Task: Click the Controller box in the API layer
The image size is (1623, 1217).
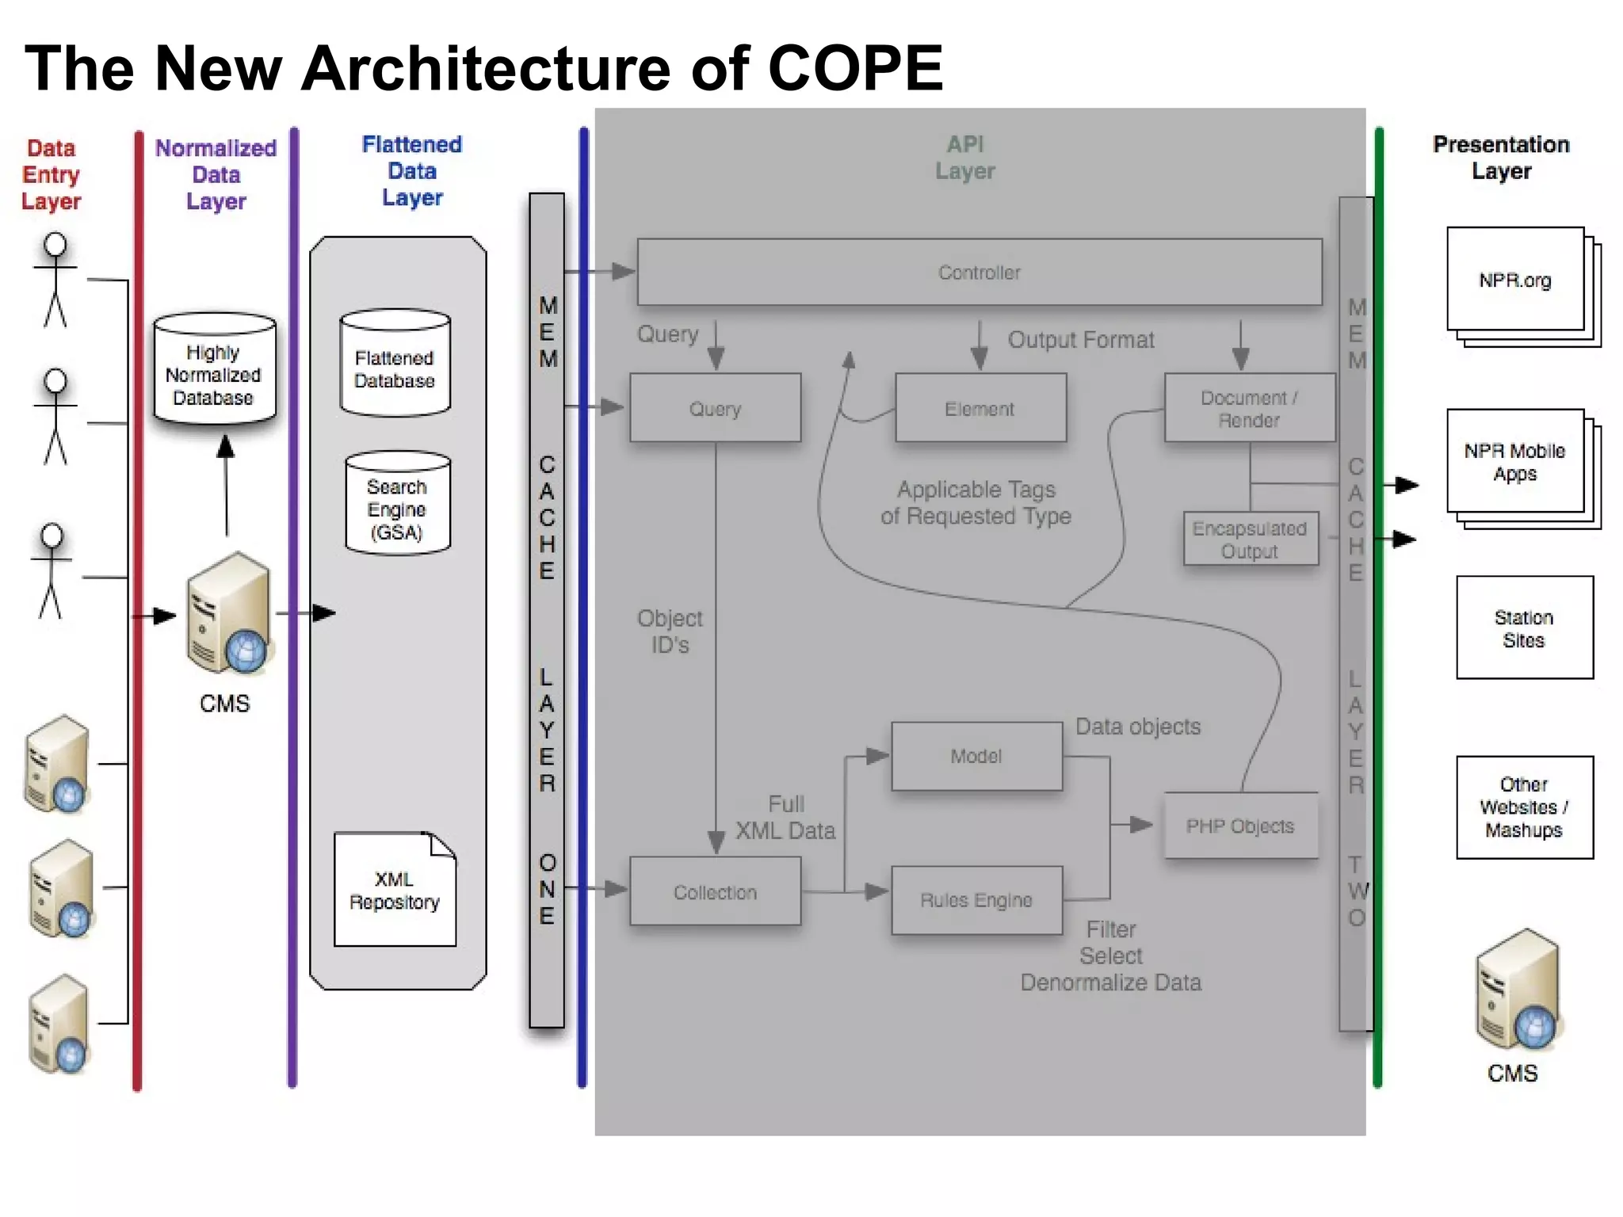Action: click(979, 272)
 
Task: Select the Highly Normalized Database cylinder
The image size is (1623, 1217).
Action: click(214, 368)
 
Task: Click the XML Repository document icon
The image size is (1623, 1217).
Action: click(395, 890)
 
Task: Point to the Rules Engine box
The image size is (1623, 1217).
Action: click(976, 900)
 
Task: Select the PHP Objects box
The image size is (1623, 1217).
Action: click(1240, 826)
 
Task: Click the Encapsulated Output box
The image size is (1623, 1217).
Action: click(1250, 539)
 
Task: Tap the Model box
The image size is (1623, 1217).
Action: click(976, 756)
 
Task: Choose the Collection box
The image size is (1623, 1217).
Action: click(715, 892)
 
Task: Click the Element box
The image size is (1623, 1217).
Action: click(980, 408)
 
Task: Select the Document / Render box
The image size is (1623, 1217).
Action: click(1249, 408)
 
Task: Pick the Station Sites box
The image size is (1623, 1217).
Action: click(1524, 628)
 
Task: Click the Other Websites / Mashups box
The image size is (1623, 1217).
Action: click(1524, 807)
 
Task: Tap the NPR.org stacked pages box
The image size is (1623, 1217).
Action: click(1515, 280)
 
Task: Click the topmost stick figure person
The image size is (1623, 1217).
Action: click(55, 280)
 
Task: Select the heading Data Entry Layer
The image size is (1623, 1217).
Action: click(52, 174)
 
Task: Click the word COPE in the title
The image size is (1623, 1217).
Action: click(855, 68)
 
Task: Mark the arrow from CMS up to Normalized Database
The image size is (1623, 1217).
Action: click(227, 487)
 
